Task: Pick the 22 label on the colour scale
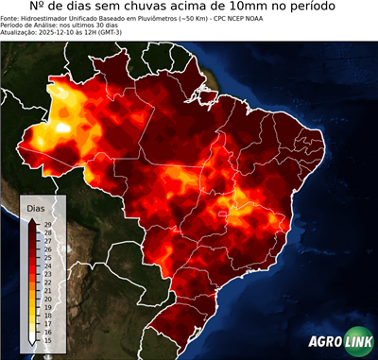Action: pos(47,280)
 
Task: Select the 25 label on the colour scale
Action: pos(47,255)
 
